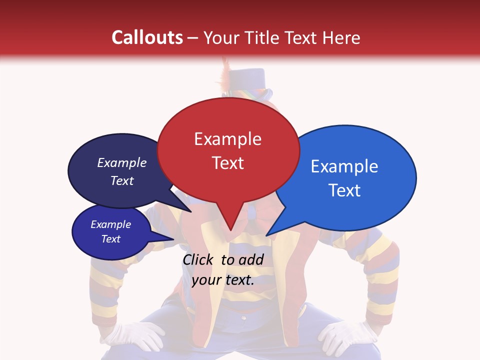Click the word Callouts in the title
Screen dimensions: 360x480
(x=147, y=37)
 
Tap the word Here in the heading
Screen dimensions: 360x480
(x=340, y=37)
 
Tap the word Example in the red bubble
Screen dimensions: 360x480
(x=227, y=139)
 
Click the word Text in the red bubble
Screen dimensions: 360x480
(x=227, y=163)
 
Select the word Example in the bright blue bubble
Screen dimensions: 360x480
(x=344, y=166)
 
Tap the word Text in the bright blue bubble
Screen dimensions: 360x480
(x=345, y=190)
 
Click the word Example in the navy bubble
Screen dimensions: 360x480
(x=121, y=163)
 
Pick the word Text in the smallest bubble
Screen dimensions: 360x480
(x=111, y=239)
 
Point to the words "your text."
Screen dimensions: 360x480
(x=223, y=280)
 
